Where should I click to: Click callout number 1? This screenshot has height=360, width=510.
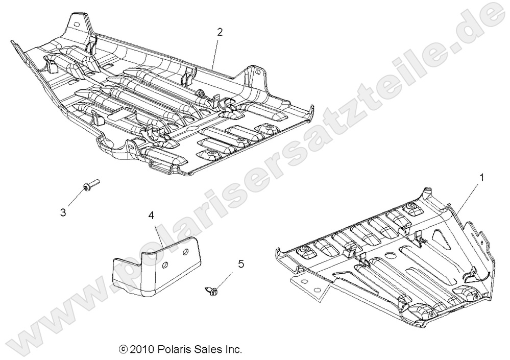[x=480, y=178]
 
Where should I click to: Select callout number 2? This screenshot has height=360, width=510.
[x=220, y=32]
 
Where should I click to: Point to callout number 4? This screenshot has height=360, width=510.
[x=151, y=216]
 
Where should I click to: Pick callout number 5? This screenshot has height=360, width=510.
[x=240, y=263]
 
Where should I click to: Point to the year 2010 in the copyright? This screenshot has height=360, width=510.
[x=140, y=350]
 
